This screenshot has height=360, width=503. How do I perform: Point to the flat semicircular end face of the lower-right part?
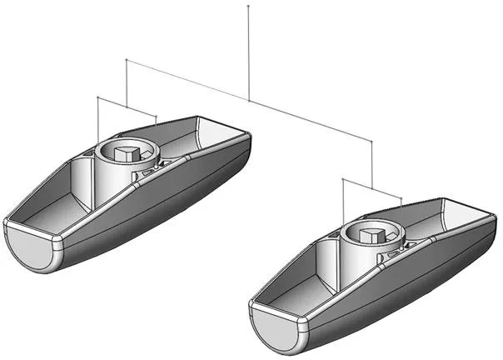pos(275,326)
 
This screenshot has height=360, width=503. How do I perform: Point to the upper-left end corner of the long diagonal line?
pos(126,60)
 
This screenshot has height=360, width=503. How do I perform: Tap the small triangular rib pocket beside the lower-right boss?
pos(391,250)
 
